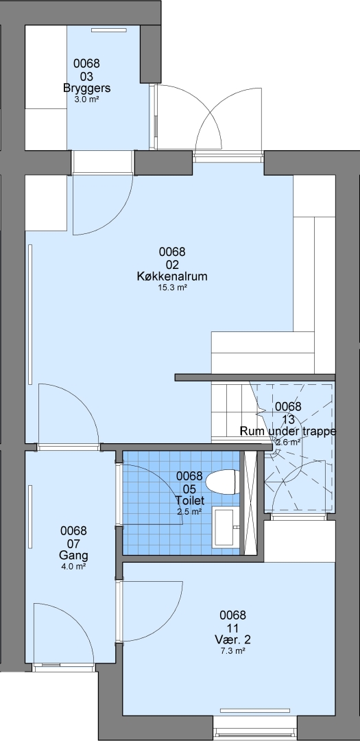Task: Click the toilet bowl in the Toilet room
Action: click(x=221, y=482)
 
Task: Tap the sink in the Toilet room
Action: click(x=226, y=527)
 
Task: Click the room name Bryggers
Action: click(x=87, y=88)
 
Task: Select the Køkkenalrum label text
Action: click(x=172, y=277)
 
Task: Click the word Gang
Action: click(x=73, y=555)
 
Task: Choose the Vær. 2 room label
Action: click(x=233, y=640)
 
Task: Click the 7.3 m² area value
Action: click(x=233, y=651)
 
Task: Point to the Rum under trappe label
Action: click(x=288, y=431)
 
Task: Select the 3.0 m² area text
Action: click(x=87, y=99)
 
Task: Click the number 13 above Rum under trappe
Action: click(x=288, y=419)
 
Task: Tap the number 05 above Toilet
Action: click(x=189, y=489)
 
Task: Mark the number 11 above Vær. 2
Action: click(x=233, y=628)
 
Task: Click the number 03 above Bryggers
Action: click(x=87, y=76)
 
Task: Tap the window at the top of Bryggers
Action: click(x=109, y=30)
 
